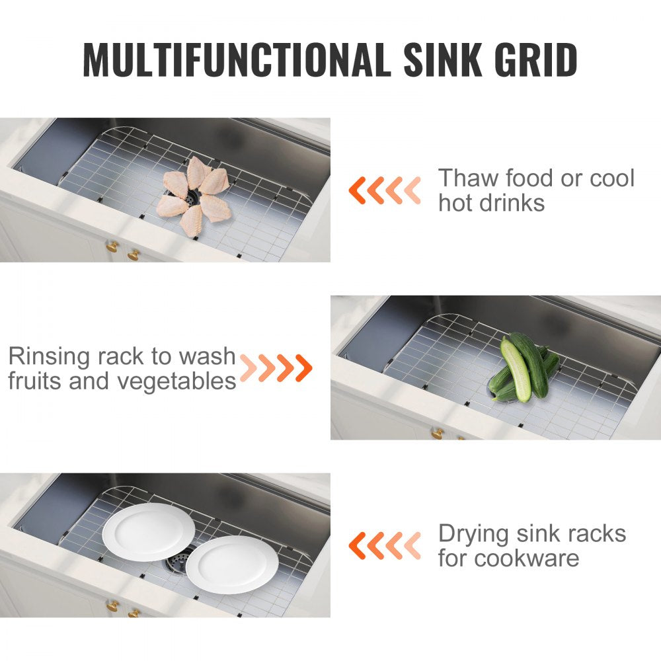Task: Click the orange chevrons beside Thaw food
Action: point(384,190)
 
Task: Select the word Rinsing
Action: point(48,357)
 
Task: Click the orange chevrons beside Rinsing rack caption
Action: point(276,368)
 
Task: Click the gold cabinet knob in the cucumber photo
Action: point(436,434)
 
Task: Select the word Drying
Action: point(473,533)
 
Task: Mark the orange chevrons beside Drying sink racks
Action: point(384,545)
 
